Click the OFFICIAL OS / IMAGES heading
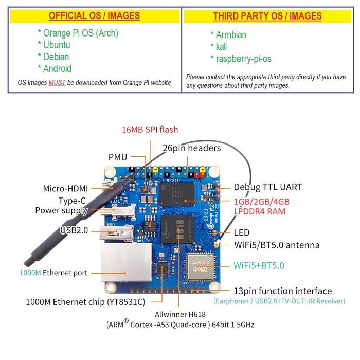[94, 16]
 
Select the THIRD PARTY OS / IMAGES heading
[267, 16]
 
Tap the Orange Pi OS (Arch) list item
[78, 33]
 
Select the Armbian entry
[228, 35]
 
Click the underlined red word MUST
[57, 82]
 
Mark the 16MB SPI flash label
[150, 130]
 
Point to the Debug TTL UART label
[268, 187]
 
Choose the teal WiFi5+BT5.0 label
[259, 266]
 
